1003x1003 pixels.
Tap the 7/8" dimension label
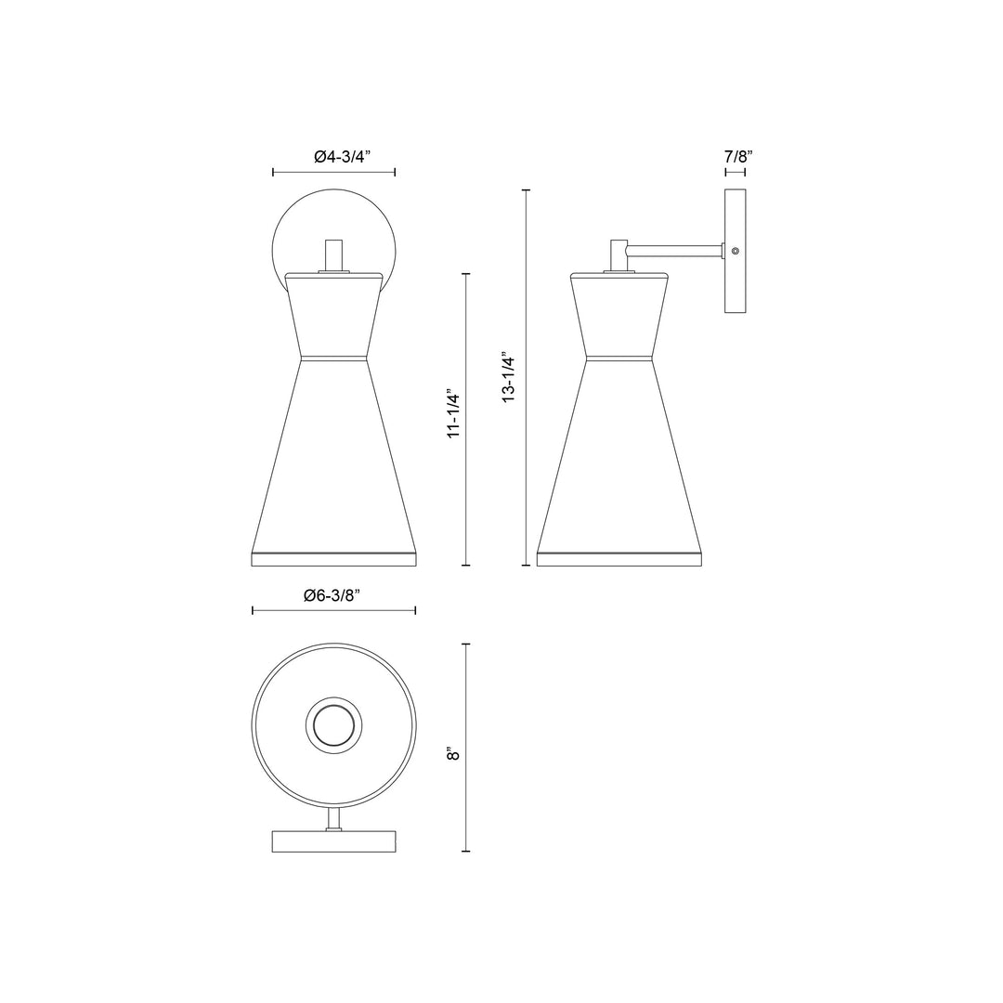coord(737,157)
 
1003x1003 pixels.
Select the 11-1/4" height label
coord(454,413)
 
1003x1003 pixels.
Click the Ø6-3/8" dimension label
coord(332,595)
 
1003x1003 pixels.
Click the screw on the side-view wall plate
coord(735,251)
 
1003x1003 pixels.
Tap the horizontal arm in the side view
coord(675,249)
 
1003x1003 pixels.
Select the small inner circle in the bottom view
coord(333,723)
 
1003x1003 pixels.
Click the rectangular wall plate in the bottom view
coord(333,840)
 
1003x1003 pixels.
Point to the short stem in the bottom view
coord(333,818)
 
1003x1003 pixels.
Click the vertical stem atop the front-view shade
coord(333,254)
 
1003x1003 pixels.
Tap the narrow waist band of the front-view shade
coord(333,357)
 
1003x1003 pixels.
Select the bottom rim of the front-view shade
coord(333,558)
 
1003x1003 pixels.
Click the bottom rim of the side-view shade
coord(619,558)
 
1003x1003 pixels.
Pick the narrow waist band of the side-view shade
coord(619,357)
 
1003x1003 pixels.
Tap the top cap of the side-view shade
coord(619,276)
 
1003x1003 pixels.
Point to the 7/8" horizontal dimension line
coord(736,173)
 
